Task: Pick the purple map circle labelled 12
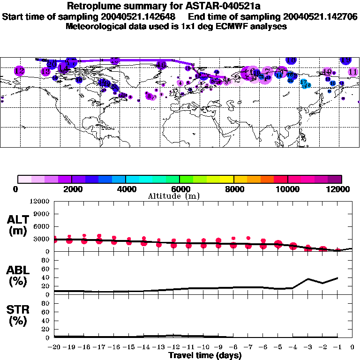(19, 71)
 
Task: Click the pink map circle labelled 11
(353, 72)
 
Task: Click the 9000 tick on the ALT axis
(42, 214)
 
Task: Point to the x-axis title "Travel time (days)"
(205, 355)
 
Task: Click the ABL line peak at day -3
(308, 279)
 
